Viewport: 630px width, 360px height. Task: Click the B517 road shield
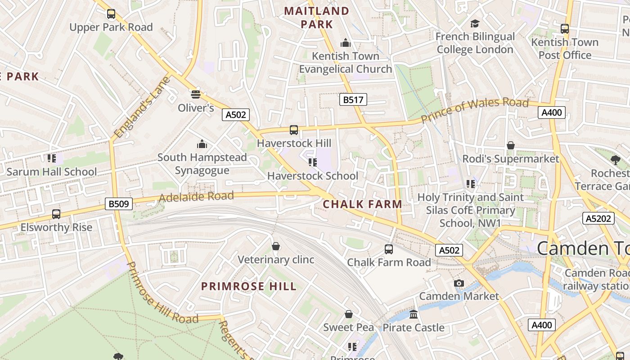pos(353,99)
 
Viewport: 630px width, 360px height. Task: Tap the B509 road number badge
pos(119,204)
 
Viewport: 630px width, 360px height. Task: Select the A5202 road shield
pos(598,219)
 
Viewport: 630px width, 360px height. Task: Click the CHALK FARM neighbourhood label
pos(362,204)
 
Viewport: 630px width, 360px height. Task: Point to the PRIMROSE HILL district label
pos(249,286)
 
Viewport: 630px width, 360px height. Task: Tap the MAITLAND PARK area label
pos(317,18)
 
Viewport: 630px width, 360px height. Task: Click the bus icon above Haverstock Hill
pos(294,130)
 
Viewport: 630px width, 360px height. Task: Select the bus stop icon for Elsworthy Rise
pos(56,214)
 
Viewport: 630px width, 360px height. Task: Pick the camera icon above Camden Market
pos(459,283)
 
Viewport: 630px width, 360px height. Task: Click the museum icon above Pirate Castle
pos(414,314)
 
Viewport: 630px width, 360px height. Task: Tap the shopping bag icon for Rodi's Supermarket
pos(511,145)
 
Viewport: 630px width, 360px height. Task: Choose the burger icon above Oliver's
pos(195,94)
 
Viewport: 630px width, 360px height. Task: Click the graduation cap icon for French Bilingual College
pos(475,23)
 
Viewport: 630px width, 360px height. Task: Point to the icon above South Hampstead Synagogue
pos(202,144)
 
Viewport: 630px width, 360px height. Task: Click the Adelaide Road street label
pos(196,197)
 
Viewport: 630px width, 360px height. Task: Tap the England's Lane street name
pos(142,108)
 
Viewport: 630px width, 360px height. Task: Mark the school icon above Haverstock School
pos(312,162)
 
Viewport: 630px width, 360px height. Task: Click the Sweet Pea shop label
pos(348,327)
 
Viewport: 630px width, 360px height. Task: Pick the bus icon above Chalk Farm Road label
pos(388,249)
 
